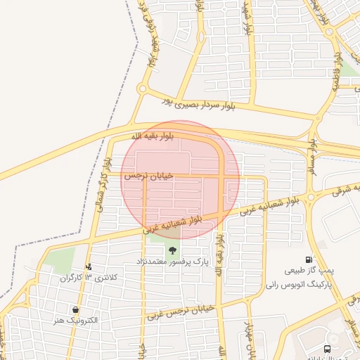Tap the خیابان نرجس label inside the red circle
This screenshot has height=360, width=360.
148,176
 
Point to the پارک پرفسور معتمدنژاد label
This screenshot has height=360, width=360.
172,262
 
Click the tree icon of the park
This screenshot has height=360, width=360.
172,250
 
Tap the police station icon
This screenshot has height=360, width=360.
89,266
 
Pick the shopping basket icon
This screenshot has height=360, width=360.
75,309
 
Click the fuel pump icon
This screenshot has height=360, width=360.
309,259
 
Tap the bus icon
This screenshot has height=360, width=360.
327,349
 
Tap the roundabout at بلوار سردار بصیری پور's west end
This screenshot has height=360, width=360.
143,89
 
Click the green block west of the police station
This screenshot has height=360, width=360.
62,260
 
